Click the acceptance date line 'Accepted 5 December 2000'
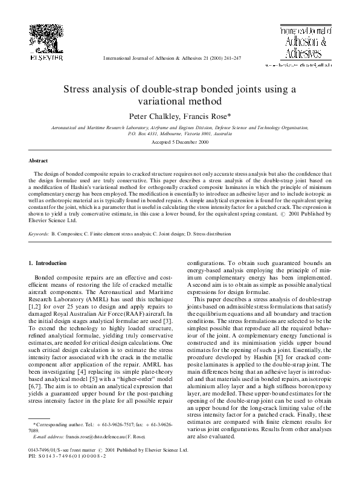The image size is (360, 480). pos(180,141)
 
